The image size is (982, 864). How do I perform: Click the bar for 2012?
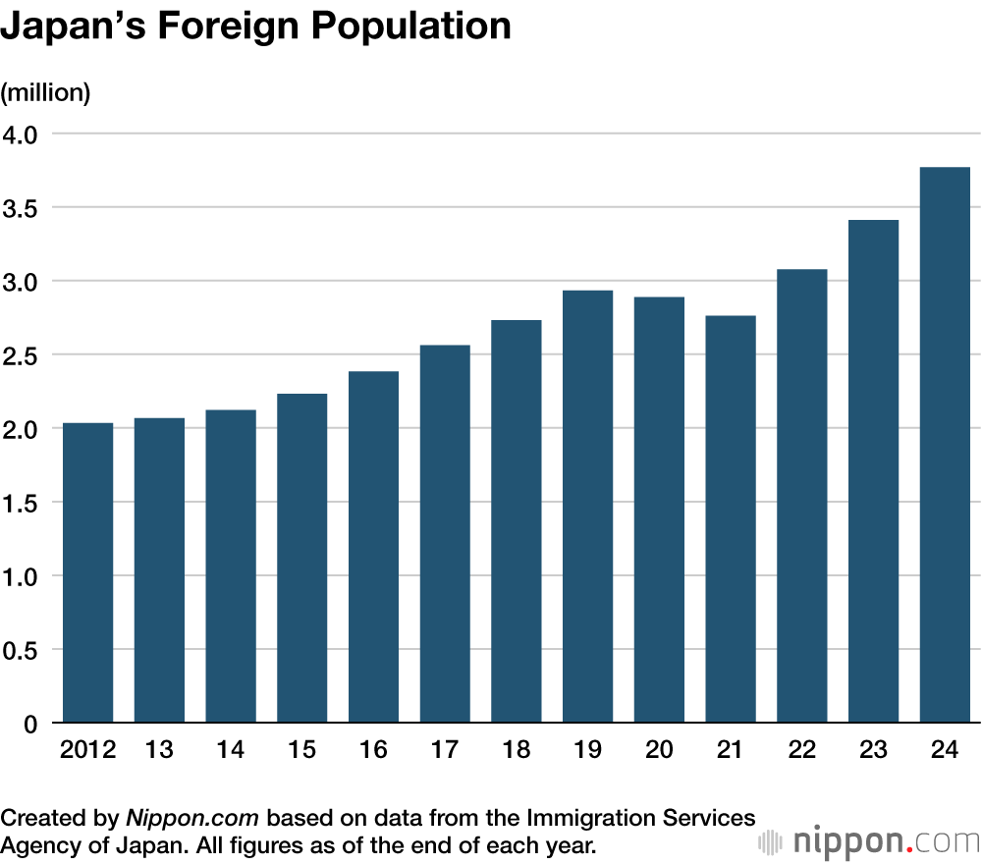tap(88, 573)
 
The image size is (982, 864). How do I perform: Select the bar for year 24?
tap(945, 446)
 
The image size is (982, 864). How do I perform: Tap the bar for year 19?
tap(587, 507)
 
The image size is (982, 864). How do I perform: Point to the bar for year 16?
tap(373, 548)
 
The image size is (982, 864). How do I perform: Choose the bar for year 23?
tap(873, 472)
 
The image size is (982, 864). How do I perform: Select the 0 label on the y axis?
tap(29, 725)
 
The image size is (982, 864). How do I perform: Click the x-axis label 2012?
tap(88, 751)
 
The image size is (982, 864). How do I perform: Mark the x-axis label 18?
tap(516, 751)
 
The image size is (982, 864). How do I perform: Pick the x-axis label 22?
tap(801, 751)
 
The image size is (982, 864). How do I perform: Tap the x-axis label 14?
tap(231, 751)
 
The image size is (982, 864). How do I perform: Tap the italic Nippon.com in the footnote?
tap(192, 818)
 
